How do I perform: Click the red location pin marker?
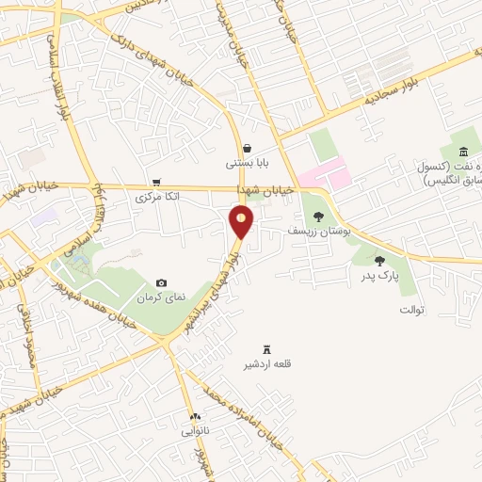[242, 222]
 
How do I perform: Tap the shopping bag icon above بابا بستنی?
[247, 148]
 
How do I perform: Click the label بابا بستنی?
[247, 163]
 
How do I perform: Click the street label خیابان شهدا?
[267, 189]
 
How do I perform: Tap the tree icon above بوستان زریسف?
[318, 217]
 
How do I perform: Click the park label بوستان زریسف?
[318, 232]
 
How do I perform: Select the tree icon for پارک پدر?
[380, 261]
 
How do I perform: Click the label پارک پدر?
[380, 277]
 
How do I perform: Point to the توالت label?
[412, 309]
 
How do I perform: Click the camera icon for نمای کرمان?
[162, 282]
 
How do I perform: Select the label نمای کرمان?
[162, 297]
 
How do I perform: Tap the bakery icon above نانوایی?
[195, 417]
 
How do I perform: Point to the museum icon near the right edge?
[463, 153]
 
